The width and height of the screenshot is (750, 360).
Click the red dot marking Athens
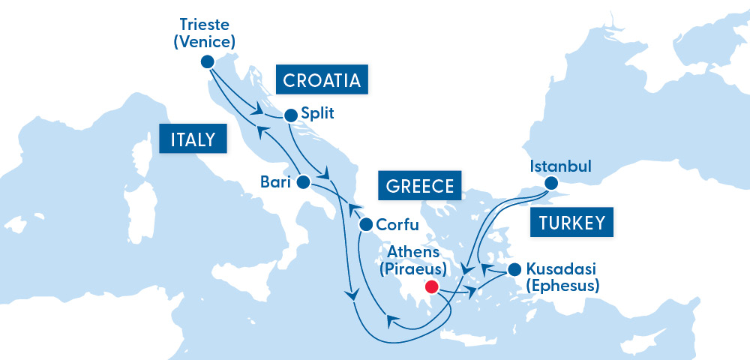[431, 286]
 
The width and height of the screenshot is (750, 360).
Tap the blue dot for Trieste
[208, 61]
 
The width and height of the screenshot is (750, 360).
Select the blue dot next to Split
[290, 115]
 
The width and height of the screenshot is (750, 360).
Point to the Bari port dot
[303, 181]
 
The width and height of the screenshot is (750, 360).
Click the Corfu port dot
[366, 224]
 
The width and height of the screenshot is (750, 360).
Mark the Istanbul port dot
[551, 182]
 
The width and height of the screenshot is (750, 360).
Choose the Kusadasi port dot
[514, 269]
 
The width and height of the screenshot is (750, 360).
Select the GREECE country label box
[420, 186]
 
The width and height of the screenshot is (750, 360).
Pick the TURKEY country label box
[571, 223]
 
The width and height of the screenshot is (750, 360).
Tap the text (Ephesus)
[562, 286]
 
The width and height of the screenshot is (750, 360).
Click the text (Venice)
[204, 42]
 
